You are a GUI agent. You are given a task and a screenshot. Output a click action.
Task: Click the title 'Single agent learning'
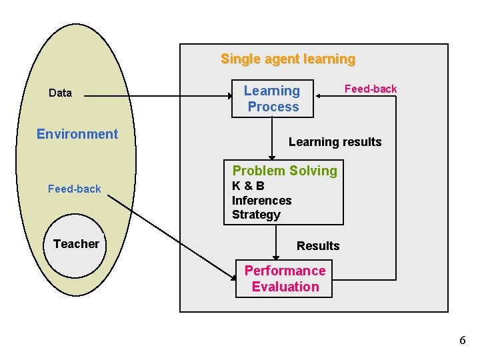pos(288,59)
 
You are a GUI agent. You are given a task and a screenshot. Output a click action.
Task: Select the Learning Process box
pos(272,99)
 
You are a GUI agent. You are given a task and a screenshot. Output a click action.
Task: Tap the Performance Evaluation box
pos(284,279)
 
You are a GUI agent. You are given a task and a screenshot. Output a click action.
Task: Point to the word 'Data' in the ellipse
pos(60,93)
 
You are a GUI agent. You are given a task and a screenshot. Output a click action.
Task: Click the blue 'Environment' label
pos(77,134)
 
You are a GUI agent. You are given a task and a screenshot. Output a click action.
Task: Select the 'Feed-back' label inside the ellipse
pos(75,189)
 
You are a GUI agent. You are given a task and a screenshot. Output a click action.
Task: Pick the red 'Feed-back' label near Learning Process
pos(370,89)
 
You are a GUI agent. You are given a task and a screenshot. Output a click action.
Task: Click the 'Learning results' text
pos(335,142)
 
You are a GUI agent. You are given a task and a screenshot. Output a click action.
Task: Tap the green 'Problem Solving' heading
pos(285,171)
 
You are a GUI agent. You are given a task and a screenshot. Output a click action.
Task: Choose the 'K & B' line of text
pos(248,186)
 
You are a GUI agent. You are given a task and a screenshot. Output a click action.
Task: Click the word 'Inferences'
pos(261,200)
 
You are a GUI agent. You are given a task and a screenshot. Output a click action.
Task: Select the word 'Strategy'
pos(256,215)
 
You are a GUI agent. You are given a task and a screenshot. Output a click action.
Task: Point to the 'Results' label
pos(318,246)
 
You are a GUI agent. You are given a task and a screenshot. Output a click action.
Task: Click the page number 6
pos(463,341)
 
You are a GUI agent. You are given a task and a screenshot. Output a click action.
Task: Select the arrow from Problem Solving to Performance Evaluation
pos(275,241)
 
